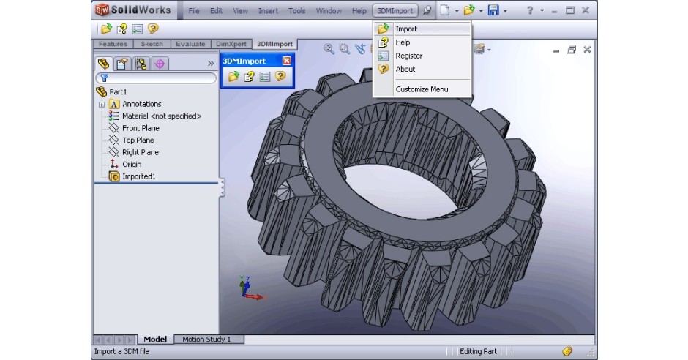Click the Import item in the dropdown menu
(406, 29)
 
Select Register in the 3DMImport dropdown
(408, 56)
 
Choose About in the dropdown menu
(405, 69)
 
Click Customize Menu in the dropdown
(422, 89)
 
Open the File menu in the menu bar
(194, 11)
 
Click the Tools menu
(297, 11)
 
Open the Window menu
(329, 11)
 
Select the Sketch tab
(152, 44)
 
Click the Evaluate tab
(190, 44)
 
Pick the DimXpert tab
(232, 44)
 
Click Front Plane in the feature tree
(141, 128)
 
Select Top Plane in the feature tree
(138, 140)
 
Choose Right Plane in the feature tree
(140, 152)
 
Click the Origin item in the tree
(132, 164)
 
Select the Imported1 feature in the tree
(138, 176)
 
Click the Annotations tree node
(141, 104)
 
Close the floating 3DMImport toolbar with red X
(286, 61)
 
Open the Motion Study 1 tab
(206, 340)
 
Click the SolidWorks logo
(132, 10)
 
